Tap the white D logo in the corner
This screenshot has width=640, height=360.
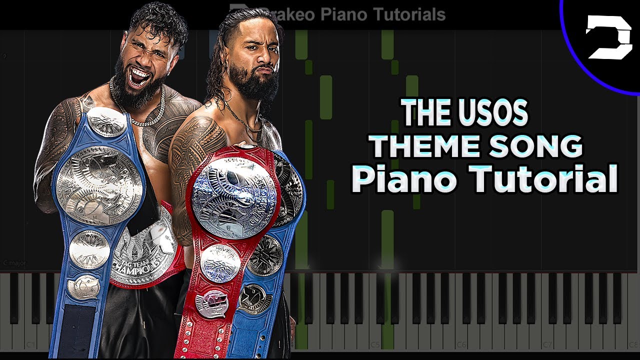pyautogui.click(x=609, y=37)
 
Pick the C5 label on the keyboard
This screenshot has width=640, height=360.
pyautogui.click(x=374, y=345)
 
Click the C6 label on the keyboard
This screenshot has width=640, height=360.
pyautogui.click(x=460, y=345)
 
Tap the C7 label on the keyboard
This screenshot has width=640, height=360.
pyautogui.click(x=547, y=345)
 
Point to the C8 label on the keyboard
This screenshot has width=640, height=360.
pyautogui.click(x=632, y=345)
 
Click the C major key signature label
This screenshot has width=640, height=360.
pyautogui.click(x=15, y=262)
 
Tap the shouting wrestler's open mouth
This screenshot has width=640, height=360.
pyautogui.click(x=140, y=78)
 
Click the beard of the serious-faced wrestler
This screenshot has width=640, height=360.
pyautogui.click(x=252, y=90)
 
